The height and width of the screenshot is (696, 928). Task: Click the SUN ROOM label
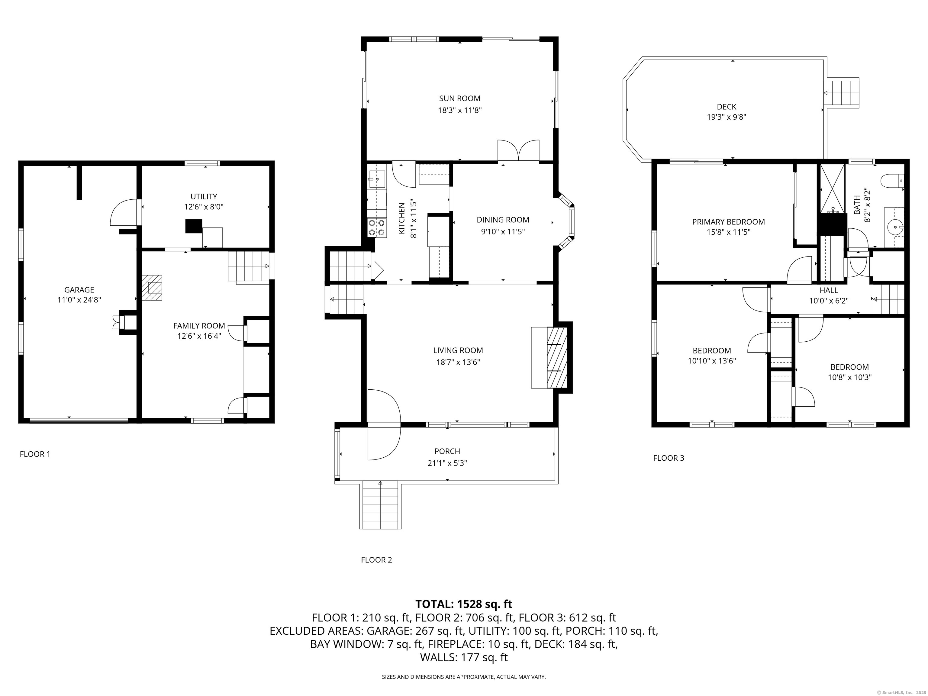(459, 98)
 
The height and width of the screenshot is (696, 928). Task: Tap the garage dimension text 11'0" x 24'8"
(79, 300)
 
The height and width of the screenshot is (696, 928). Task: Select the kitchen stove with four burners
(376, 228)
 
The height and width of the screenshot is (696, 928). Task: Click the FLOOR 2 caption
(376, 560)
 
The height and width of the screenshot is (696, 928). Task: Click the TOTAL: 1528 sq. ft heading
(464, 604)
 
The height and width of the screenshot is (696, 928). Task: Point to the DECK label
(726, 107)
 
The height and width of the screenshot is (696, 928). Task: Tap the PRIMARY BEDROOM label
(728, 222)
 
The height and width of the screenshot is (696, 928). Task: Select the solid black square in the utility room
(193, 226)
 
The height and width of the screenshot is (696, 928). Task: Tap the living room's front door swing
(383, 424)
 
